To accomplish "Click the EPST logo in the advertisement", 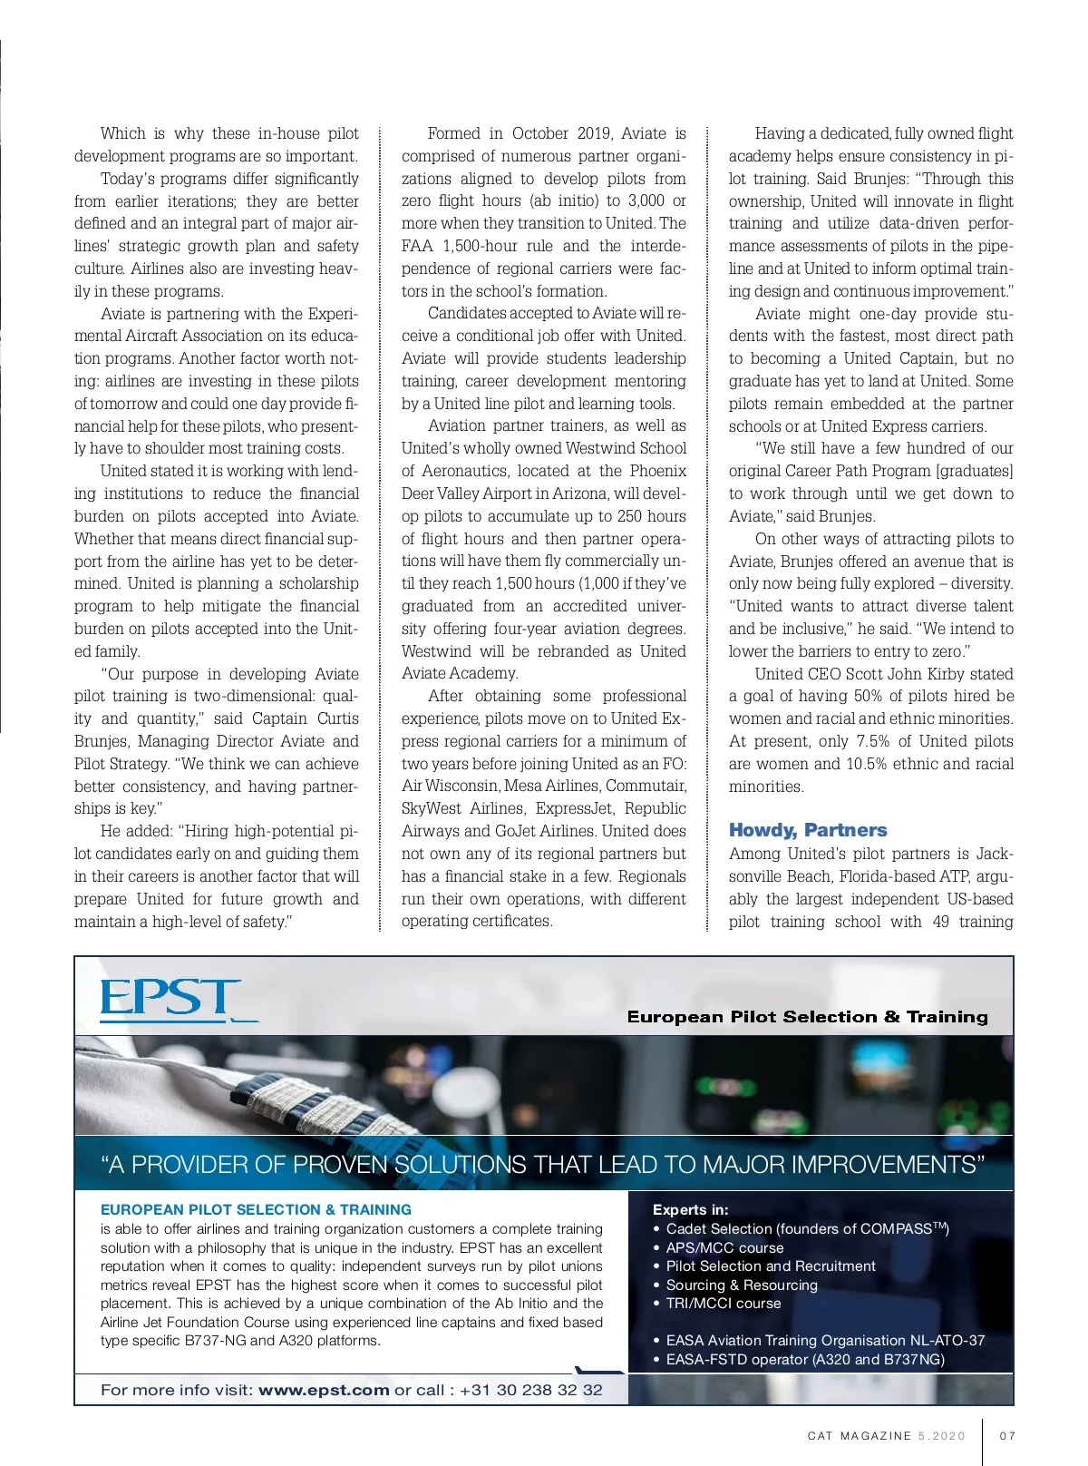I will coord(170,999).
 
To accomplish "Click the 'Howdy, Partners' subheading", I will coord(808,830).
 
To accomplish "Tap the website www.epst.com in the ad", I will coord(324,1390).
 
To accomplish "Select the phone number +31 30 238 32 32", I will coord(530,1390).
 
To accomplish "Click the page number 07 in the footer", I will coord(1007,1436).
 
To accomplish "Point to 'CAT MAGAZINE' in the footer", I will coord(860,1436).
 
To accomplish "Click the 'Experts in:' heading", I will coord(690,1209).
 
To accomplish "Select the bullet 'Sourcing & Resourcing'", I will coord(742,1285).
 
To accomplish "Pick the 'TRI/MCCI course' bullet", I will coord(724,1303).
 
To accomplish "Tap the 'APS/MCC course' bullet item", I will coord(724,1247).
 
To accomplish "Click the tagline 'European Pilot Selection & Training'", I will coord(807,1017).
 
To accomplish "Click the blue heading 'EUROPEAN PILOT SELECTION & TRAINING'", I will coord(256,1209).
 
